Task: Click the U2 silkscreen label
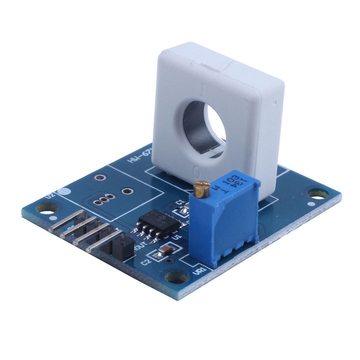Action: click(x=50, y=195)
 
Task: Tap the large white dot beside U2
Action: click(x=62, y=190)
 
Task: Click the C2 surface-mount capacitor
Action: click(x=165, y=251)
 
